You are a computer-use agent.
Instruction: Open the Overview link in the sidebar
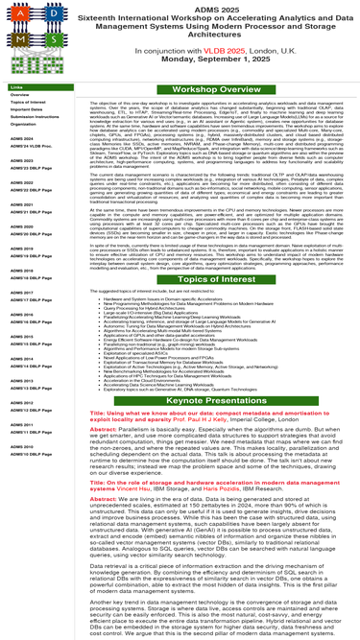pyautogui.click(x=20, y=94)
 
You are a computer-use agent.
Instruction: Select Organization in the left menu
pyautogui.click(x=24, y=124)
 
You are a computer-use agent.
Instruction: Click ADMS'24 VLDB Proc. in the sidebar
pyautogui.click(x=30, y=146)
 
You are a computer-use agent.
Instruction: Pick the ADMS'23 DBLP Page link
pyautogui.click(x=30, y=167)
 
